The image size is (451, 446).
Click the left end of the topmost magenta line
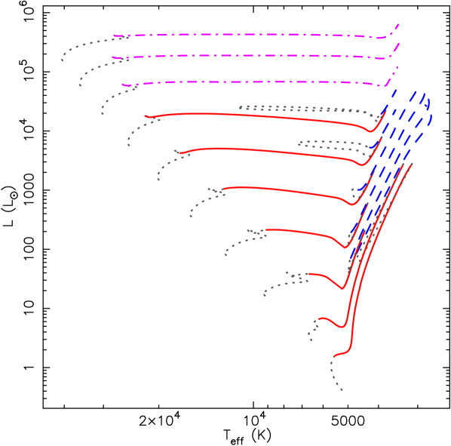(113, 35)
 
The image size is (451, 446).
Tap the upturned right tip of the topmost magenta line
(398, 25)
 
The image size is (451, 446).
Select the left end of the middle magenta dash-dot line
(112, 57)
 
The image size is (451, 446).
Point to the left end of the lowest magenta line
(122, 85)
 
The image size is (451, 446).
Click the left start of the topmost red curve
(146, 116)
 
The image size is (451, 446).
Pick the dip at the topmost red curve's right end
(370, 131)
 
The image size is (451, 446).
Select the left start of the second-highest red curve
(179, 153)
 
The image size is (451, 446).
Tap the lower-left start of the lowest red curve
(333, 356)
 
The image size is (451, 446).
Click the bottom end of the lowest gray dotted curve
(342, 390)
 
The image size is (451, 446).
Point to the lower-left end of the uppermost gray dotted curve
(62, 60)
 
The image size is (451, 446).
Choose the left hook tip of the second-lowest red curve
(318, 320)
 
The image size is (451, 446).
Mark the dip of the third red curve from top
(349, 205)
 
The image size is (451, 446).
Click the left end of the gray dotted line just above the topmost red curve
(240, 107)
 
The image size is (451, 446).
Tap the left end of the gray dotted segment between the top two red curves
(299, 142)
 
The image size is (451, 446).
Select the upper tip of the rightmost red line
(412, 164)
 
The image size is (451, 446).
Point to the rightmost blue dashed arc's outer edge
(431, 118)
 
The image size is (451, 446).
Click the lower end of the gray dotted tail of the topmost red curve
(129, 146)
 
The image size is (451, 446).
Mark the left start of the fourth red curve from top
(266, 229)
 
